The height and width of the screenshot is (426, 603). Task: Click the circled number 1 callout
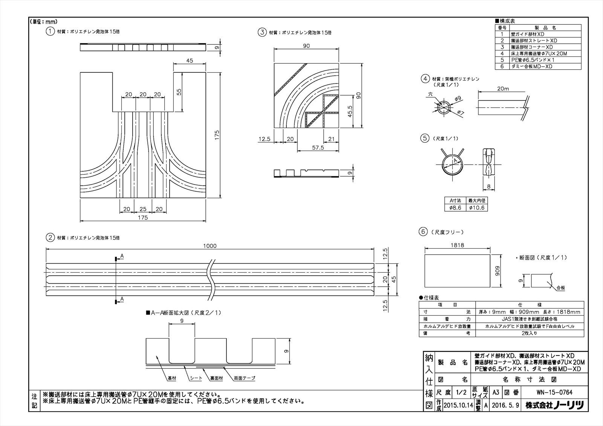[50, 32]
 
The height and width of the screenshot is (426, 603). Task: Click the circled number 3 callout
[262, 32]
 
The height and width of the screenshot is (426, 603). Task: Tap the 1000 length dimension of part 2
[210, 246]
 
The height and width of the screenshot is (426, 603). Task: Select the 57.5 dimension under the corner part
[318, 148]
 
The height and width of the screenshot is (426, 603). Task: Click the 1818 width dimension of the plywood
[457, 245]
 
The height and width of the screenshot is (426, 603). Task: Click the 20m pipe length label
[503, 89]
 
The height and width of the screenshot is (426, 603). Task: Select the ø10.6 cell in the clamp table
[477, 208]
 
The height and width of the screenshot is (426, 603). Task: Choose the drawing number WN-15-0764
[554, 392]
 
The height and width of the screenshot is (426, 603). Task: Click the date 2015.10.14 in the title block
[458, 406]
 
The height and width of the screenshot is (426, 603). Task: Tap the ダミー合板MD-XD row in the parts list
[531, 66]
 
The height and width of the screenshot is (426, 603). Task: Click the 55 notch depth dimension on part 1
[179, 92]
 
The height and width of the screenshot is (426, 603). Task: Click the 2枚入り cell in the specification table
[529, 333]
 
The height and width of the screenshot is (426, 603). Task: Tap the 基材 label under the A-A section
[171, 378]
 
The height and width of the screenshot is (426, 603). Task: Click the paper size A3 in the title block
[496, 392]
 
